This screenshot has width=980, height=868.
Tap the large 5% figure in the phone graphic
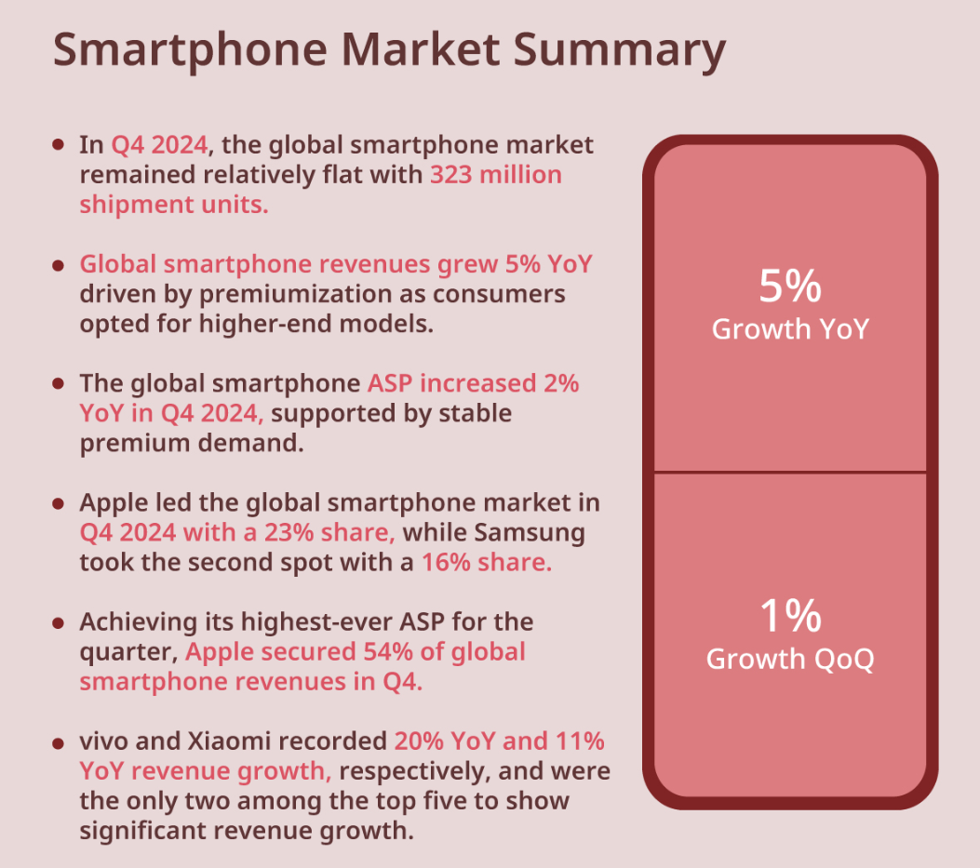pyautogui.click(x=790, y=287)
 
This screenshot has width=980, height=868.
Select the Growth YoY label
pyautogui.click(x=790, y=328)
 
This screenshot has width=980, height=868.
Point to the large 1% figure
pyautogui.click(x=790, y=616)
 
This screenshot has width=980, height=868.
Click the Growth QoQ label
pyautogui.click(x=790, y=659)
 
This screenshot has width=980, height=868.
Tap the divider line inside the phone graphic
pyautogui.click(x=790, y=473)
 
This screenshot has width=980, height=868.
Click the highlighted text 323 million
pyautogui.click(x=495, y=175)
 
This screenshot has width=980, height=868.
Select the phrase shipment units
pyautogui.click(x=174, y=205)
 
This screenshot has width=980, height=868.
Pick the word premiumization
pyautogui.click(x=271, y=295)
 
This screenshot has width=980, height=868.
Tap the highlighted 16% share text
pyautogui.click(x=487, y=563)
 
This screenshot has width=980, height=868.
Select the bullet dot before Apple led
pyautogui.click(x=59, y=503)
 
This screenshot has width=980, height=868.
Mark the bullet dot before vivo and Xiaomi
pyautogui.click(x=59, y=742)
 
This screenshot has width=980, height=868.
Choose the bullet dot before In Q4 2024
pyautogui.click(x=59, y=145)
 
